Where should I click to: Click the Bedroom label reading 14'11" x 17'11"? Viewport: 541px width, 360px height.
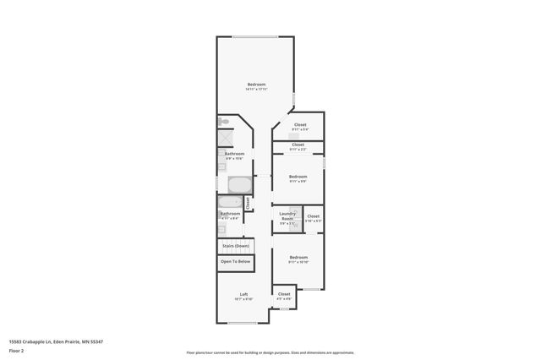[x=256, y=85]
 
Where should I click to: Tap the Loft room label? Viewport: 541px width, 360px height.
[x=243, y=295]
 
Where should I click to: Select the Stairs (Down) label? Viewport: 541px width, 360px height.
[x=236, y=246]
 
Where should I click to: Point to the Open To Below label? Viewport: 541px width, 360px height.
[x=236, y=261]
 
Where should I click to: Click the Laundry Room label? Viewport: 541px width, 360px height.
[x=287, y=217]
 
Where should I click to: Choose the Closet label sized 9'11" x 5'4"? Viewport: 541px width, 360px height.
[x=300, y=126]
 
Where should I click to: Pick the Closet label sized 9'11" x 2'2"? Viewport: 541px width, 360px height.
[x=298, y=146]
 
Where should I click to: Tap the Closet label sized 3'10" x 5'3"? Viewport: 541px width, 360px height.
[x=313, y=217]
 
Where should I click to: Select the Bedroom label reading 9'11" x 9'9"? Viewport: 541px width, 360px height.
[x=298, y=177]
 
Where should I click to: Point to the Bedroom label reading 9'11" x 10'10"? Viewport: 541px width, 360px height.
[x=298, y=259]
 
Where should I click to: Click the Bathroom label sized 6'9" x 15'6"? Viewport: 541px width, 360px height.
[x=234, y=155]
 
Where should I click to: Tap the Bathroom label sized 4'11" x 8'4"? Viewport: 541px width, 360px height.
[x=231, y=215]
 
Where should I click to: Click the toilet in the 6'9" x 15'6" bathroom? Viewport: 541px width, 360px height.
[x=221, y=122]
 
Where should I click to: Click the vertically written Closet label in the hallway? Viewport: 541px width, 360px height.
[x=248, y=203]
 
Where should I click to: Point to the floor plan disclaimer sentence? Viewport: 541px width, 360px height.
[x=270, y=352]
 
